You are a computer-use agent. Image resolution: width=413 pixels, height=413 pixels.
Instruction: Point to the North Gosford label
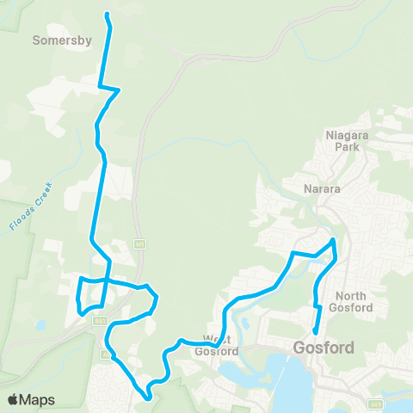coord(345,302)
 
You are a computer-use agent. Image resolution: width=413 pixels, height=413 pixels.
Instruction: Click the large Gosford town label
coord(324,349)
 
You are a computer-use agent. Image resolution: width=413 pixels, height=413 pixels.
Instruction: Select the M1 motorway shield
coord(139,245)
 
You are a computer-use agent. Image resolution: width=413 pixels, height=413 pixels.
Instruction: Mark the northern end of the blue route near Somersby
coord(106,15)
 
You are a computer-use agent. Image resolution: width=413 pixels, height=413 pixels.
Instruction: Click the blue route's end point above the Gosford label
coord(316,332)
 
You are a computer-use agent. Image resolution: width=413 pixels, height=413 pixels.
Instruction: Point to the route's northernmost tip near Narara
coord(334,239)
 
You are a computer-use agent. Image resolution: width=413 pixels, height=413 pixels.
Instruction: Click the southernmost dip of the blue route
coord(149,398)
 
